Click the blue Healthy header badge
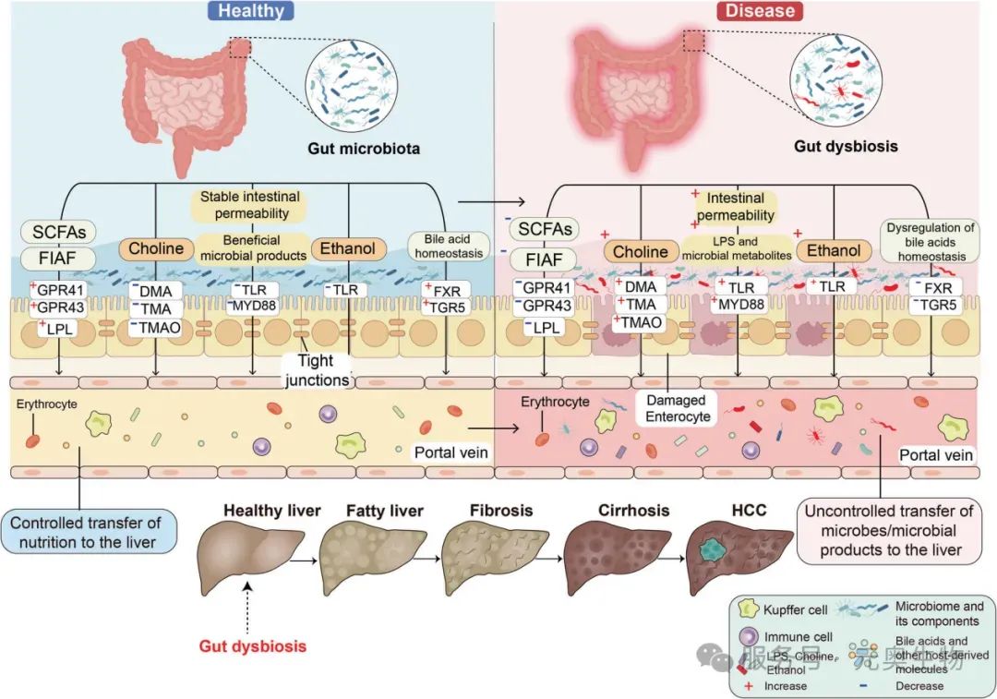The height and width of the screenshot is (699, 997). [251, 11]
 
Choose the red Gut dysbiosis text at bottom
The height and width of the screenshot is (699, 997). [253, 645]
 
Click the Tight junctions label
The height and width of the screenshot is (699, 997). [318, 371]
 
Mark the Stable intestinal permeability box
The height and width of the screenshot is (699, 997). [252, 206]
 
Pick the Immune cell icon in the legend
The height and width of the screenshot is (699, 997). [749, 637]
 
